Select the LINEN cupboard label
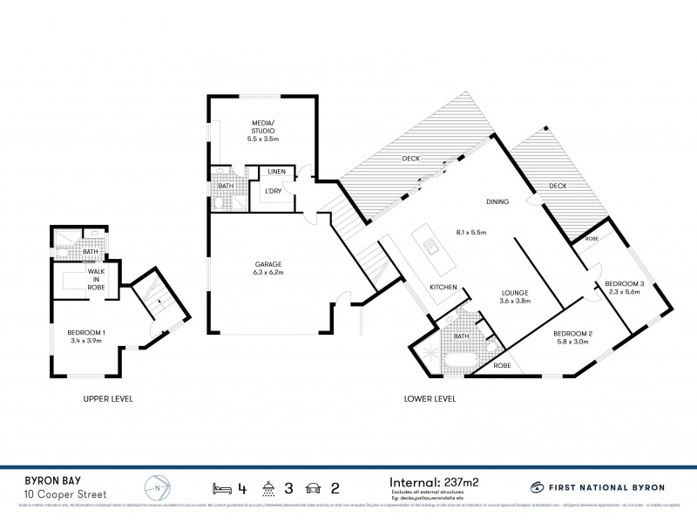tap(277, 172)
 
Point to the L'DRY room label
tap(273, 191)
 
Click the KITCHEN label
tap(443, 287)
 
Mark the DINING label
tap(497, 202)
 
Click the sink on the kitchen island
tap(430, 246)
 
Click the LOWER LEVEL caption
tap(430, 399)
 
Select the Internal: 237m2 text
tap(435, 481)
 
